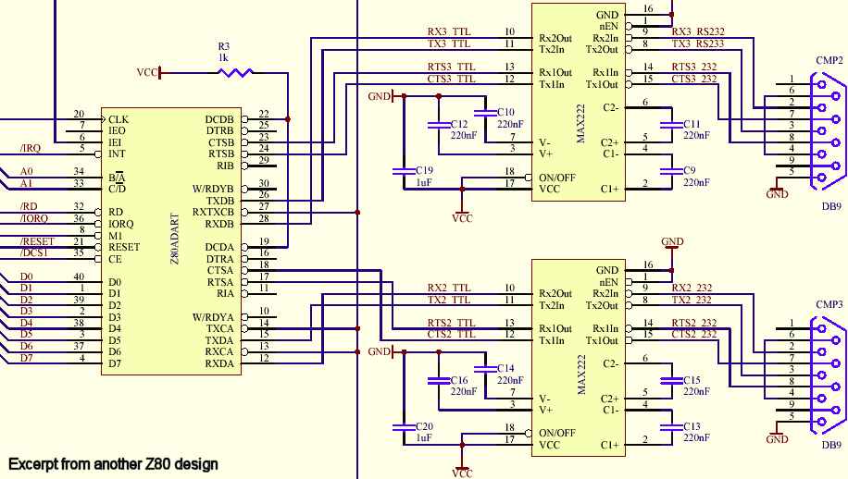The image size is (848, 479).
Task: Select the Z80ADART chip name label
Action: click(x=175, y=240)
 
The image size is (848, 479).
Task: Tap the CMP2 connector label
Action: click(x=829, y=61)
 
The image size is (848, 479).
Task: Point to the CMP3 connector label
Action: click(x=829, y=304)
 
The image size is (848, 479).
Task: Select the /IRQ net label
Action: click(x=30, y=148)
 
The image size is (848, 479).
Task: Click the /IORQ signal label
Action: click(x=34, y=218)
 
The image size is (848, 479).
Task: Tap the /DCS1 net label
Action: click(x=34, y=252)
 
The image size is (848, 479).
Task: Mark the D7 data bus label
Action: click(x=26, y=358)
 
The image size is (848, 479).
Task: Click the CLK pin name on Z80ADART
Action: click(x=118, y=119)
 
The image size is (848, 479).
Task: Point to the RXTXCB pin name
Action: click(x=213, y=212)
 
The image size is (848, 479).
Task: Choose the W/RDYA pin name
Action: click(x=213, y=317)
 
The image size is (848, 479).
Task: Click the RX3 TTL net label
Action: click(x=450, y=32)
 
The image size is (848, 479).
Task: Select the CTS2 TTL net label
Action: click(x=450, y=334)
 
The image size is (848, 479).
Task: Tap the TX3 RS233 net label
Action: click(x=697, y=43)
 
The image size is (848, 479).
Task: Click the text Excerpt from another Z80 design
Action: click(x=113, y=463)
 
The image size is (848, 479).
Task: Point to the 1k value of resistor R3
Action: click(x=223, y=57)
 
